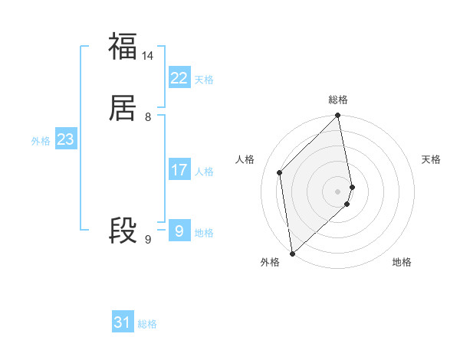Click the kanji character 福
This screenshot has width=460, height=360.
[123, 46]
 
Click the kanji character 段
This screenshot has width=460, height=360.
[123, 231]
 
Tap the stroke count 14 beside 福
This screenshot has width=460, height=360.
[148, 56]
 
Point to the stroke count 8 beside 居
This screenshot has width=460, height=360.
[148, 117]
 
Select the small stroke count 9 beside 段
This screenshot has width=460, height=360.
[148, 240]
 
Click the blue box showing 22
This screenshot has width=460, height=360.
[179, 77]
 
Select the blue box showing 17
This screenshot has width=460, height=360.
[179, 170]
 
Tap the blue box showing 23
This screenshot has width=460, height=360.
[65, 139]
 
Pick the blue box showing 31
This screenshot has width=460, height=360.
[123, 322]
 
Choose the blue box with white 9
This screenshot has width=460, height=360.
[179, 231]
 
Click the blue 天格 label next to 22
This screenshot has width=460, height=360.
[204, 80]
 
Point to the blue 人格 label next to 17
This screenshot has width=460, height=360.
[204, 172]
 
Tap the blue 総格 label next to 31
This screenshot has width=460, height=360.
[147, 325]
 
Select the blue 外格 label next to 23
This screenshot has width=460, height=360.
[41, 142]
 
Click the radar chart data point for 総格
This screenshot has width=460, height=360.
[338, 116]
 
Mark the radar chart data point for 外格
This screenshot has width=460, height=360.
[292, 253]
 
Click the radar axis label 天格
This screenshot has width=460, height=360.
[431, 159]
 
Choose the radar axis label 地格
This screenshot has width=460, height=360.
[402, 262]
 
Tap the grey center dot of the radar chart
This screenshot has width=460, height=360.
[338, 191]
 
